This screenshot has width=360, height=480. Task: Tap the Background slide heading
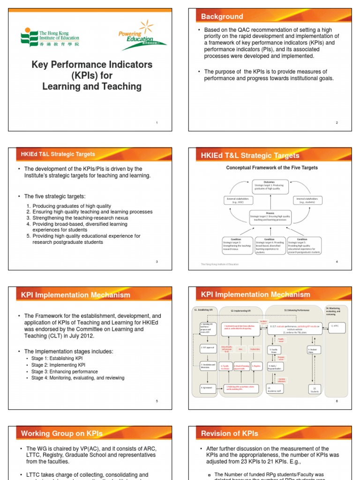click(222, 16)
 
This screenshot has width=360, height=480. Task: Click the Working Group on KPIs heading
click(62, 433)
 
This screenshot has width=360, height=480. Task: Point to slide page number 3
click(157, 261)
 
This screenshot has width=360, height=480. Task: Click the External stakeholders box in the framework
click(238, 200)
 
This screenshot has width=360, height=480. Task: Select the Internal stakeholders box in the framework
click(307, 200)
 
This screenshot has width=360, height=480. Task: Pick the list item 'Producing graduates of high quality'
click(71, 206)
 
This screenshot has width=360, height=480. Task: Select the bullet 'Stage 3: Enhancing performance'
click(65, 371)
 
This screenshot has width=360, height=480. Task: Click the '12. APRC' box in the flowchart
click(335, 325)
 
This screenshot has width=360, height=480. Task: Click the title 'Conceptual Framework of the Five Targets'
click(272, 167)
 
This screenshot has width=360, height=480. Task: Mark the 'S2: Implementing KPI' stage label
click(241, 310)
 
